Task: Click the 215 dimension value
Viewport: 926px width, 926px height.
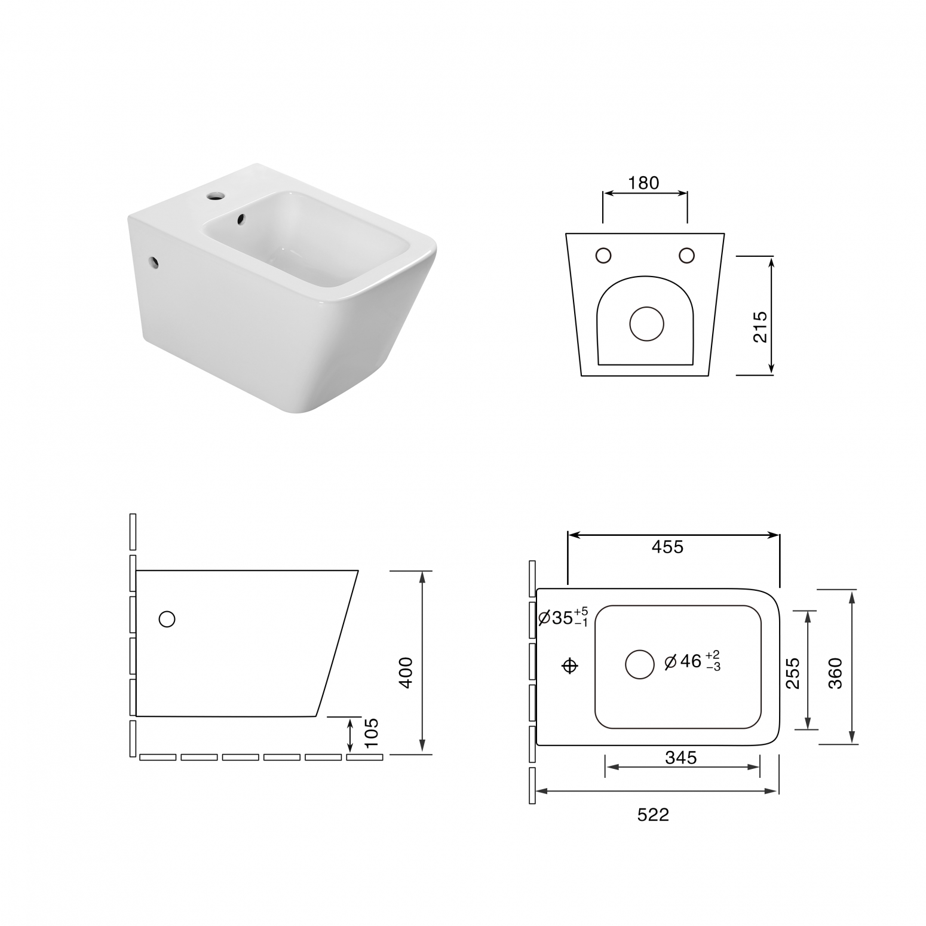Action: coord(760,327)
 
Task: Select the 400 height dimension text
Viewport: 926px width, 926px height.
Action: coord(406,673)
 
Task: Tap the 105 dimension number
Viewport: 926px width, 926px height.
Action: coord(371,733)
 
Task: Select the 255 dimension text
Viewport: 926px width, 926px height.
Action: coord(793,673)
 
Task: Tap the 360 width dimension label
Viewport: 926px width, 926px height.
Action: coord(835,673)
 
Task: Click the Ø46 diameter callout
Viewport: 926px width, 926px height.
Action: coord(693,661)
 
